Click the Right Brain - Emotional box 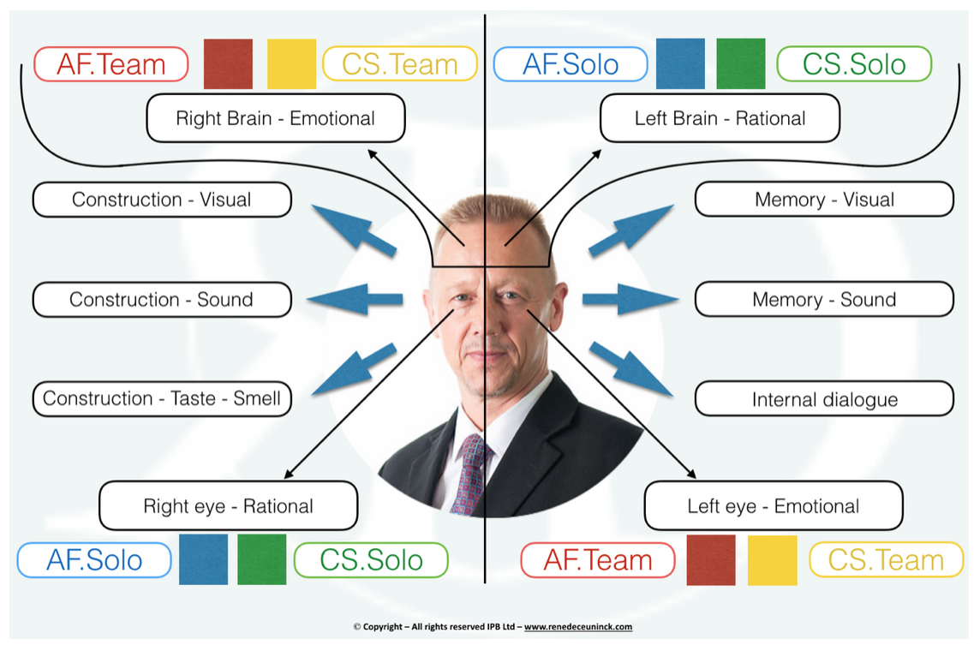[x=276, y=118]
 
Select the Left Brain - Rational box [x=720, y=118]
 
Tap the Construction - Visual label [x=162, y=200]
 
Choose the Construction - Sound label [x=162, y=299]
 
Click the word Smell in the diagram [x=257, y=398]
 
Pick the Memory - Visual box [x=824, y=200]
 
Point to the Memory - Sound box [x=824, y=299]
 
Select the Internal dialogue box [x=824, y=399]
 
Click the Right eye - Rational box [x=228, y=505]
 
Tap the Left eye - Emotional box [x=774, y=505]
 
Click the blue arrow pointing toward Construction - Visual [x=354, y=230]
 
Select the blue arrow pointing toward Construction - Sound [x=355, y=299]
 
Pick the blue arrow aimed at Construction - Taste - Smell [x=354, y=368]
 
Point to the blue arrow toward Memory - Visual [x=631, y=230]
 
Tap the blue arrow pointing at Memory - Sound [x=630, y=299]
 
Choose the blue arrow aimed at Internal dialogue [x=631, y=368]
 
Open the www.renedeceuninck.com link [x=578, y=627]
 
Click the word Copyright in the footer [x=383, y=627]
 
